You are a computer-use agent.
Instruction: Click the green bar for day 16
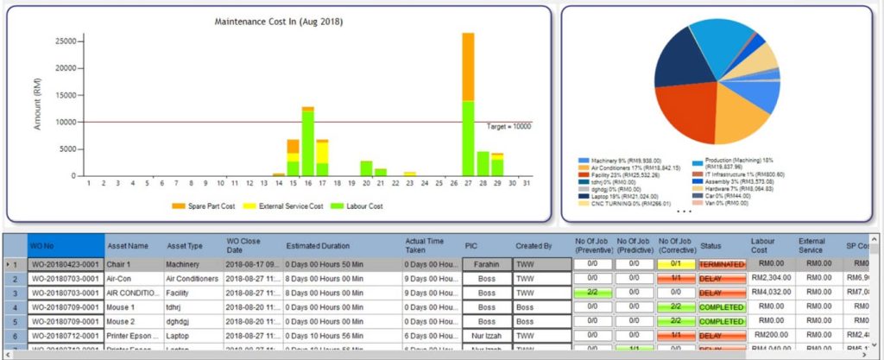click(x=307, y=142)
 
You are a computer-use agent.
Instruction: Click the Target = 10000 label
click(x=508, y=126)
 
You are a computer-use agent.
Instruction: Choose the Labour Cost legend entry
click(x=374, y=205)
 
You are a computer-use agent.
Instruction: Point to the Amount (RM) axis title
click(x=37, y=107)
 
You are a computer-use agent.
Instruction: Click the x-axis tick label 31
click(x=527, y=183)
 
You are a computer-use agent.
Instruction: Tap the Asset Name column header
click(x=126, y=244)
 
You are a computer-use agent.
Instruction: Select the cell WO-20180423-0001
click(x=64, y=262)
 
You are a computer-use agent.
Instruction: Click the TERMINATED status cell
click(x=721, y=262)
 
